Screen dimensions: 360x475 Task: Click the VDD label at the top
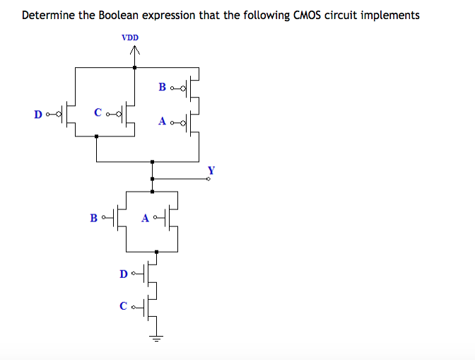[x=130, y=37]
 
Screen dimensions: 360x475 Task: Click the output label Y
[x=211, y=170]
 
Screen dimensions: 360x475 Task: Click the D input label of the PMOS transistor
[x=38, y=114]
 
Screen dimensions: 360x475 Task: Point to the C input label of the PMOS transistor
[x=98, y=112]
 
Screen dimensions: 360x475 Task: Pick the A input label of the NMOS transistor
[x=146, y=218]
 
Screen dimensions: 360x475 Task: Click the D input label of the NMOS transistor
[x=124, y=273]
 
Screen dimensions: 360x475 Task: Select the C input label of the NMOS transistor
[x=124, y=306]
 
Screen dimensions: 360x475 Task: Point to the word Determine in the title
[x=49, y=15]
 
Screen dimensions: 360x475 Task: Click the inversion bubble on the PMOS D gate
[x=59, y=114]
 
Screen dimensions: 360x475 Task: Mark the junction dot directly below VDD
[x=135, y=67]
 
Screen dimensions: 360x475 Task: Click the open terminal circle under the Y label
[x=209, y=179]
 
